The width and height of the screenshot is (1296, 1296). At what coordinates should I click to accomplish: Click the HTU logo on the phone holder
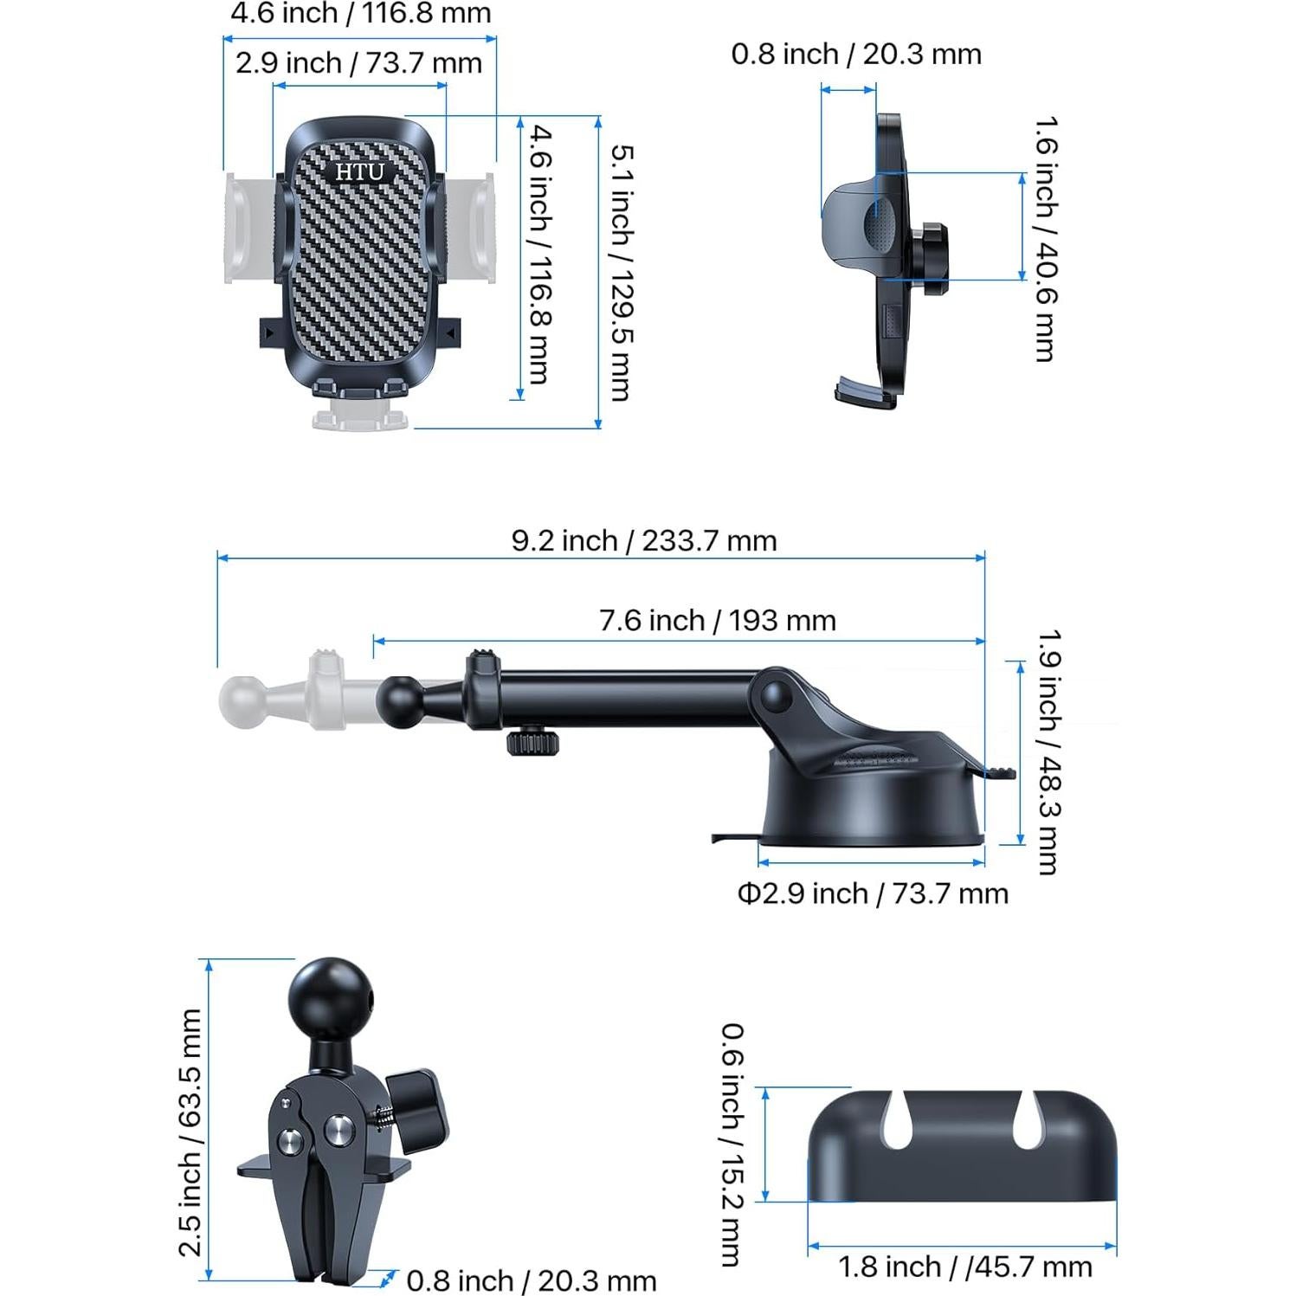point(359,171)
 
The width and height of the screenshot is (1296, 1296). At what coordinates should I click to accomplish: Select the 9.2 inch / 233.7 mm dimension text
point(643,541)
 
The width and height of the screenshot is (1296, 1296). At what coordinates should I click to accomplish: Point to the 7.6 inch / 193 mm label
point(717,621)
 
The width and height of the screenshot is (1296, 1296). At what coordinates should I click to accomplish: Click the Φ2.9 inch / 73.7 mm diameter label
point(873,893)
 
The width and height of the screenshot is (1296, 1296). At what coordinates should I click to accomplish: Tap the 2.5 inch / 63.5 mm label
point(190,1132)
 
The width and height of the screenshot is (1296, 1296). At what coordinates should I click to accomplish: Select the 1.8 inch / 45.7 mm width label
point(964,1267)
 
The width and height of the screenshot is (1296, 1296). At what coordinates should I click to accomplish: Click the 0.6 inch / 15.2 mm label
point(732,1144)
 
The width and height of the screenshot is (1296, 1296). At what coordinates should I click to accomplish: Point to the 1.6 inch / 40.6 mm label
point(1045,238)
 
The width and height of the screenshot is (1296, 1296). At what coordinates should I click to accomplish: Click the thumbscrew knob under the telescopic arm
point(532,742)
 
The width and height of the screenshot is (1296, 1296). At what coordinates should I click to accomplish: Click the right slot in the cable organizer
point(1028,1119)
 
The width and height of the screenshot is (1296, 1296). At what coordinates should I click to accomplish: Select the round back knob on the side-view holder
point(932,259)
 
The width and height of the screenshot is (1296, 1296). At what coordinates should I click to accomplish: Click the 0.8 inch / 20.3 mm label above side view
point(855,55)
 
